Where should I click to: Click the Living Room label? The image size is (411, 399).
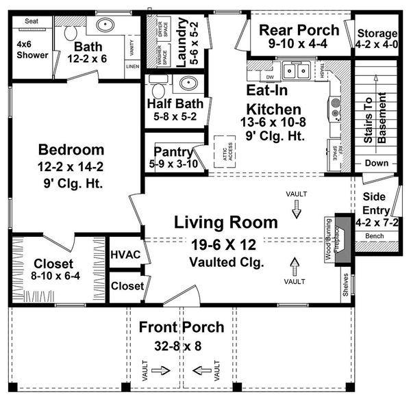coord(225,222)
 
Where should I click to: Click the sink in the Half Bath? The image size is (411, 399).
coord(187,85)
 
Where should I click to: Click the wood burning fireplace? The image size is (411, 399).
coord(342,242)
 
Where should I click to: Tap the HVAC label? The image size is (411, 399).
coord(125,255)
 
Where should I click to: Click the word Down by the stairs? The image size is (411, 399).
coord(376,164)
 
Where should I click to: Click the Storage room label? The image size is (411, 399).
coord(376,34)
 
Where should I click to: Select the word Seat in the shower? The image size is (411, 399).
coord(32,22)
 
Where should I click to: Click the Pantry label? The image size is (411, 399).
coord(173,151)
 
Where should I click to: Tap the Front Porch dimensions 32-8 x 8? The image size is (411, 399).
coord(172,346)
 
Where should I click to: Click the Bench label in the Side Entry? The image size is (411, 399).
coord(374,235)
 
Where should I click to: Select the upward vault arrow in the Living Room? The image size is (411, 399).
coord(295,264)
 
